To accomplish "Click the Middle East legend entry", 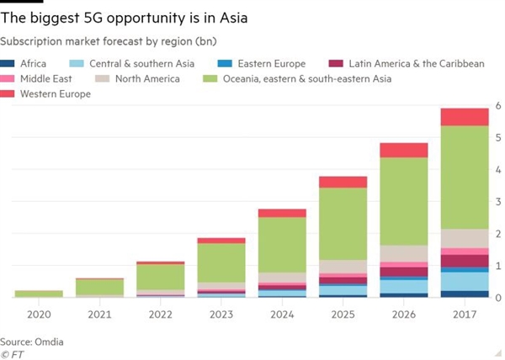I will (x=42, y=79).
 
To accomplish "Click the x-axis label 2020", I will (x=39, y=314).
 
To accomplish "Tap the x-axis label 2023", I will (x=221, y=314).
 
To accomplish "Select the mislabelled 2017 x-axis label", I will (x=464, y=314).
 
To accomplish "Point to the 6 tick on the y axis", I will (x=498, y=105).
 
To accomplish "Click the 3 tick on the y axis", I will (x=498, y=202).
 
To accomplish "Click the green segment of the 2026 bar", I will (x=403, y=201).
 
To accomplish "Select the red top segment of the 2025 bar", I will (x=343, y=182).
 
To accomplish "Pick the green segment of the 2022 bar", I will (x=161, y=277).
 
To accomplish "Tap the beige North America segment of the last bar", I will (x=464, y=238).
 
